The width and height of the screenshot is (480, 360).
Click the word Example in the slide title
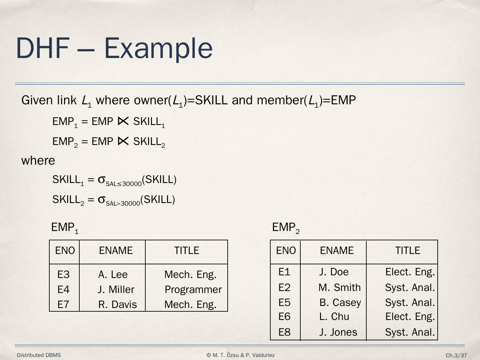(158, 48)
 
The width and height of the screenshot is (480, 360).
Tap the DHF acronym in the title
(43, 48)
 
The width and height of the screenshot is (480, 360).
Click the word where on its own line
(38, 161)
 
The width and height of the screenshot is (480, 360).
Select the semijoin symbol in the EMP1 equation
(123, 122)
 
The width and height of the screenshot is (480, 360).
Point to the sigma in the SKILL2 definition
(101, 199)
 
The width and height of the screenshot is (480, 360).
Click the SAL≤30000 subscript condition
(123, 183)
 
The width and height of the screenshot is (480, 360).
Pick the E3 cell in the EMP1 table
(63, 275)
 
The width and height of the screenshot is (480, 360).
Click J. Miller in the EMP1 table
(116, 290)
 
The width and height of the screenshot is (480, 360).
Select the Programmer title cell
(193, 290)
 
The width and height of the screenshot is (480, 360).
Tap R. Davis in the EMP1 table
(117, 305)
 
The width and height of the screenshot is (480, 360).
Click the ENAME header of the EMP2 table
(337, 251)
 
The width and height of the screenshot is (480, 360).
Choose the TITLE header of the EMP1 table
(187, 251)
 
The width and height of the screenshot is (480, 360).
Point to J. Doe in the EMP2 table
(334, 272)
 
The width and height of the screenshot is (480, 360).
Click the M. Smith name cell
(339, 288)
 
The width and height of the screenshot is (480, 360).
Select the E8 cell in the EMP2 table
(284, 332)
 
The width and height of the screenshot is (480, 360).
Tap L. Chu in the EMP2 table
(334, 317)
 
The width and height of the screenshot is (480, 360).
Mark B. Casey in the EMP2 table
(340, 303)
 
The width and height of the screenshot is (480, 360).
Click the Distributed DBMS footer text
(39, 355)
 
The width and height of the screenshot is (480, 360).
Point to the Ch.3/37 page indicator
(456, 356)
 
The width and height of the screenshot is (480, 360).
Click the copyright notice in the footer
(241, 355)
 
